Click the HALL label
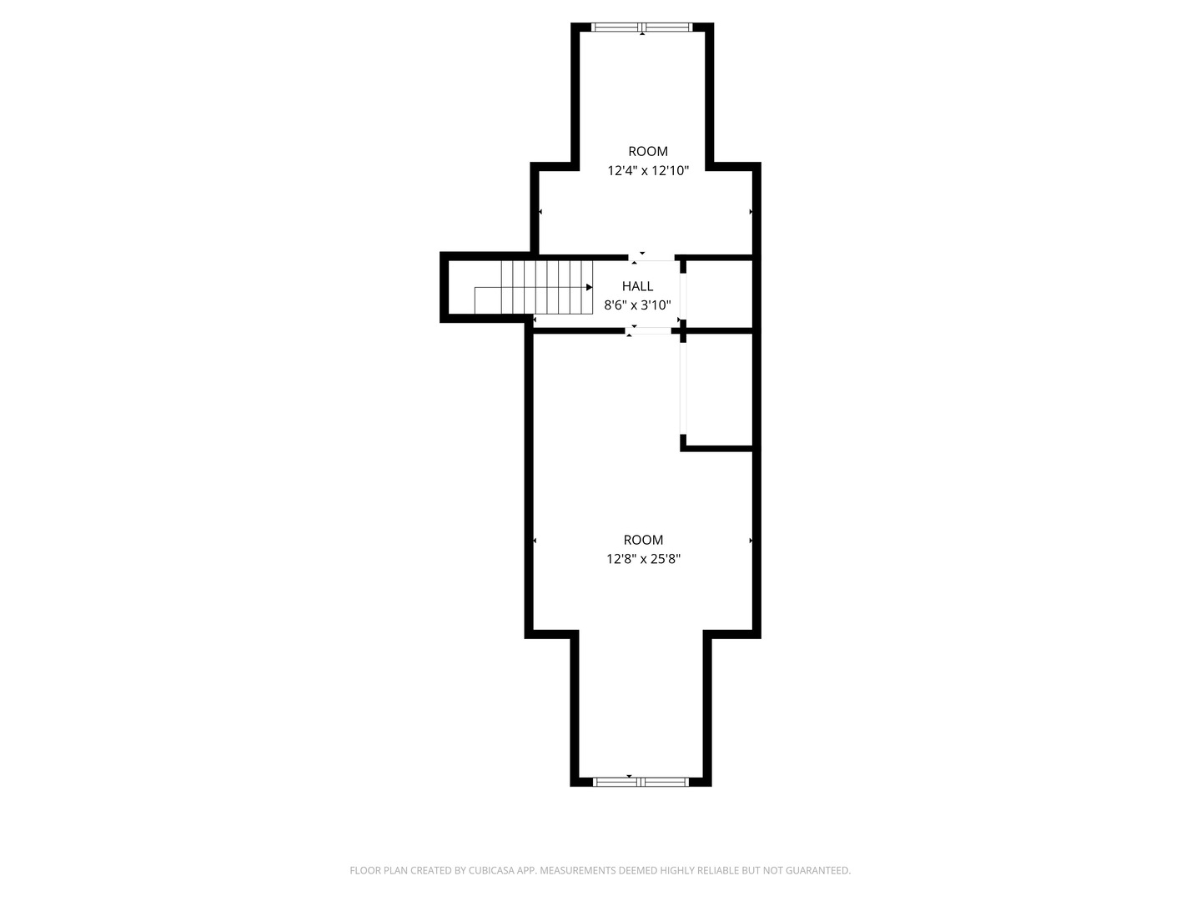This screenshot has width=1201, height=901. (x=637, y=285)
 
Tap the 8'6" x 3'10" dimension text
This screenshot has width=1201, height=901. (x=637, y=305)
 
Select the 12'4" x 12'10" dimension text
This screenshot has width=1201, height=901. (x=647, y=170)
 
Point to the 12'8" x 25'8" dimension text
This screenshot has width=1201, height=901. (x=643, y=559)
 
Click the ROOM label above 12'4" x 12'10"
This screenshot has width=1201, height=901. (x=647, y=151)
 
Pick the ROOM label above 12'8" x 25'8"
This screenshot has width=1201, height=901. (x=643, y=540)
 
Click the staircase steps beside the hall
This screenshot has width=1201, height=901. (x=546, y=287)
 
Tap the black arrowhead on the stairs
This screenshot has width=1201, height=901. (x=590, y=287)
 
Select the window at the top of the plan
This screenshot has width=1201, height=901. (x=641, y=27)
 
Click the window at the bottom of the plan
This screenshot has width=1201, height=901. (x=641, y=782)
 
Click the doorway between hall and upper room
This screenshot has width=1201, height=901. (x=651, y=258)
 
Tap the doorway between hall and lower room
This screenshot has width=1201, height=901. (x=648, y=330)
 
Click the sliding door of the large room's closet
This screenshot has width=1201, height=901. (x=683, y=389)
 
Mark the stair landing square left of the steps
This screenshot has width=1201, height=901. (x=488, y=300)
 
